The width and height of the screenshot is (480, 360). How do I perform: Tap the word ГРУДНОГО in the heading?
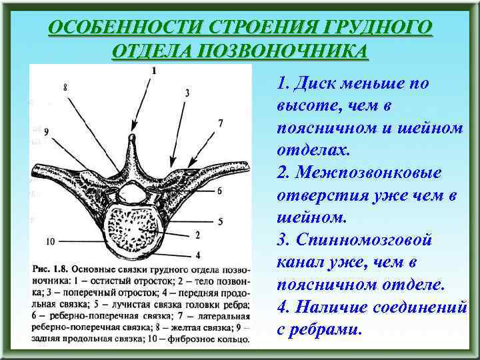pyautogui.click(x=372, y=28)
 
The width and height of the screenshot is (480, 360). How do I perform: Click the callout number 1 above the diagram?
pyautogui.click(x=154, y=70)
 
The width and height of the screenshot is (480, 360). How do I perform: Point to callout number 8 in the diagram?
pyautogui.click(x=65, y=87)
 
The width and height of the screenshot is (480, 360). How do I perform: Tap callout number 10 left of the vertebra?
pyautogui.click(x=50, y=240)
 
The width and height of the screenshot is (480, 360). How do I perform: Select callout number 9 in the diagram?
pyautogui.click(x=47, y=131)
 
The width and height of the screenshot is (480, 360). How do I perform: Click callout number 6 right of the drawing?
pyautogui.click(x=219, y=191)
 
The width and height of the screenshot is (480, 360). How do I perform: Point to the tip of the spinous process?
pyautogui.click(x=133, y=138)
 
